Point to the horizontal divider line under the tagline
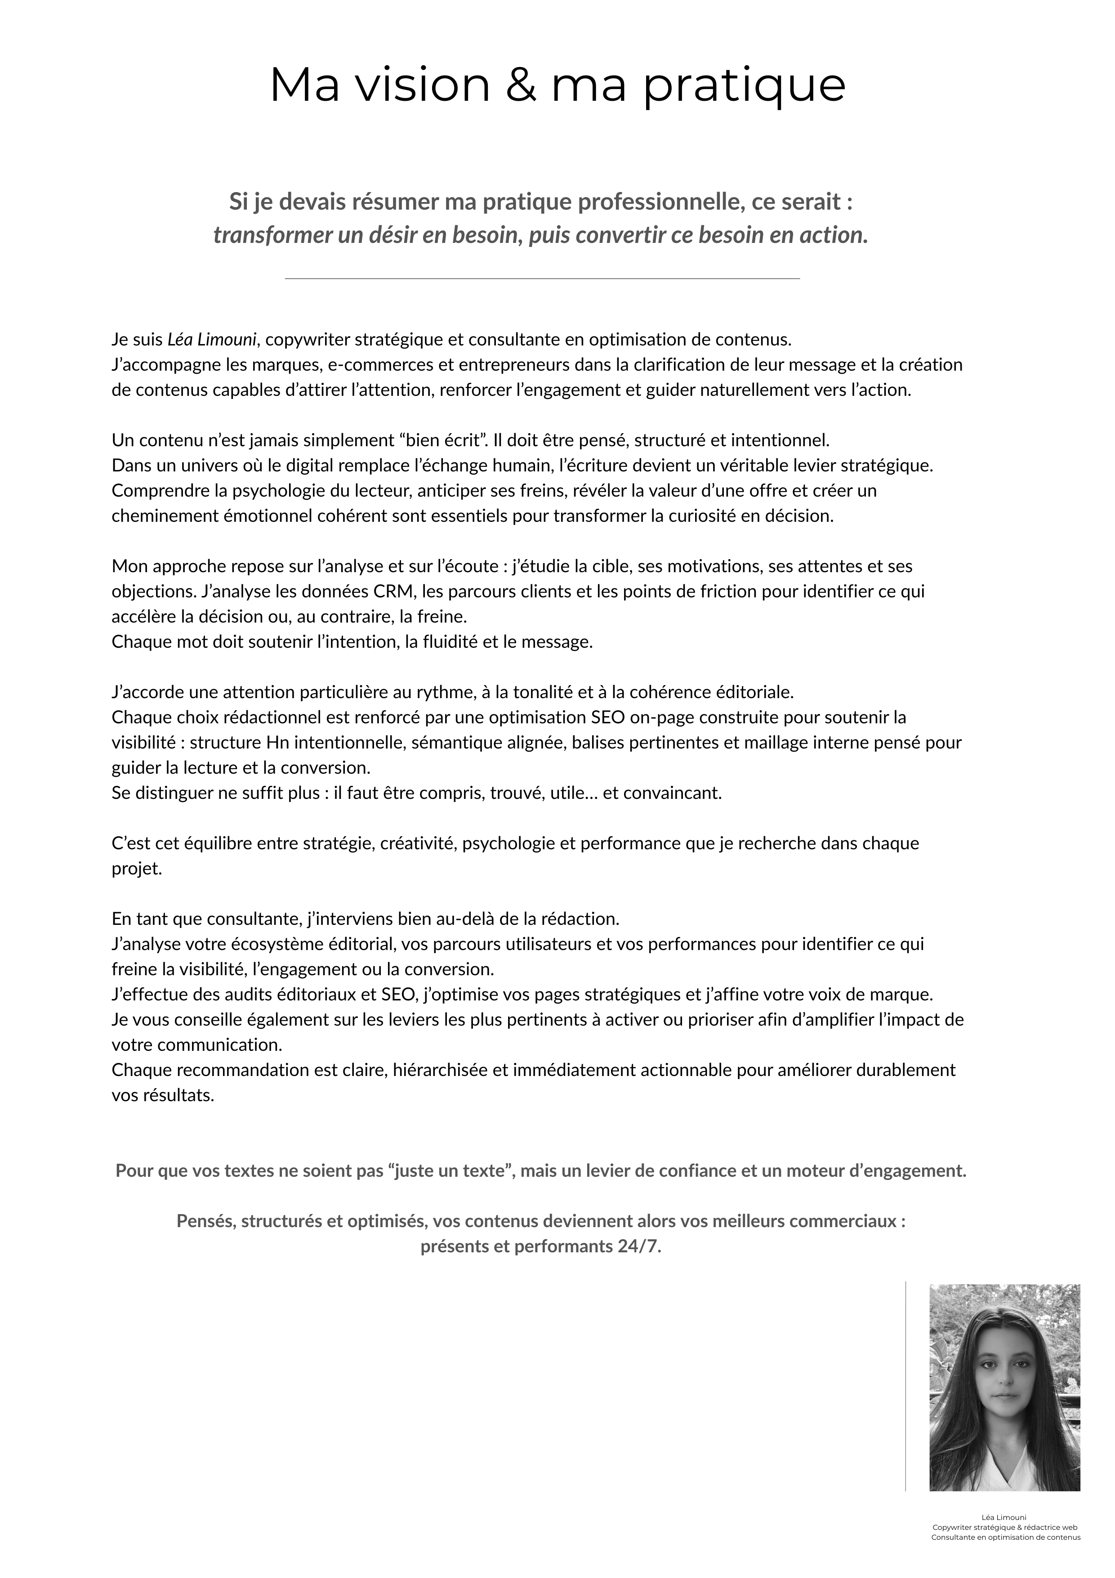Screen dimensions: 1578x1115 coord(542,278)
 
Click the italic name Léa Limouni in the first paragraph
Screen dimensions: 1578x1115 coord(212,340)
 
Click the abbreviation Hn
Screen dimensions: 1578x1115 coord(278,742)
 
